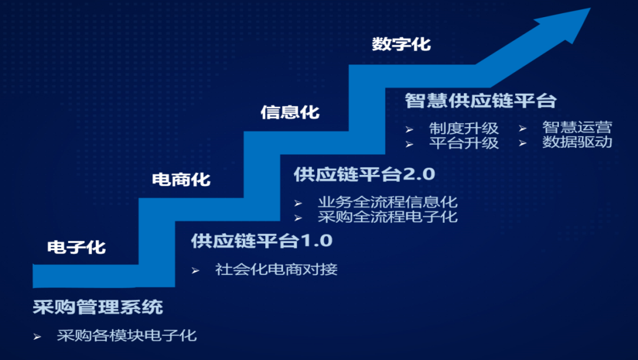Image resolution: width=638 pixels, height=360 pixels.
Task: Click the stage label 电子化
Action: click(x=76, y=247)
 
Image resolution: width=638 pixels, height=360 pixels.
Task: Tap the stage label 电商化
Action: click(x=181, y=179)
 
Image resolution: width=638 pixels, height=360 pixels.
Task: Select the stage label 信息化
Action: click(x=289, y=112)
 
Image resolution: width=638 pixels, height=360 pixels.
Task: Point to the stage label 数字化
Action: click(x=401, y=44)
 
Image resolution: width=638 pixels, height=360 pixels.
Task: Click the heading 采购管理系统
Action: click(x=97, y=307)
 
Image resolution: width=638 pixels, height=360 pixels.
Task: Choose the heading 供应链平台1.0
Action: click(x=262, y=241)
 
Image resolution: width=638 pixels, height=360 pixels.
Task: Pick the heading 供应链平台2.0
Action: click(x=364, y=174)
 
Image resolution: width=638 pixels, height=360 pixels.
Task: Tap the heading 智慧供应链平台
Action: click(x=480, y=100)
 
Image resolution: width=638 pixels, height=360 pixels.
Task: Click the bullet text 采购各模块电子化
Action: click(x=126, y=336)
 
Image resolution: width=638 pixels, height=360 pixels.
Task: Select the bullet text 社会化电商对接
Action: click(x=276, y=270)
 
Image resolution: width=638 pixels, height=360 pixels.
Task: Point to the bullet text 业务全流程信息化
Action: click(x=388, y=202)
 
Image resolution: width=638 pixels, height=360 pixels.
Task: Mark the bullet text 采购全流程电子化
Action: click(x=388, y=216)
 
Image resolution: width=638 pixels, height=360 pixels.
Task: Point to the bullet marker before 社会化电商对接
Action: click(x=196, y=270)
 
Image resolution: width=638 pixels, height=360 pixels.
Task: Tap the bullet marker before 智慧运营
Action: click(x=522, y=128)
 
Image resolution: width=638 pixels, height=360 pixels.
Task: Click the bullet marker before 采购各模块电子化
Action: click(x=37, y=336)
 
